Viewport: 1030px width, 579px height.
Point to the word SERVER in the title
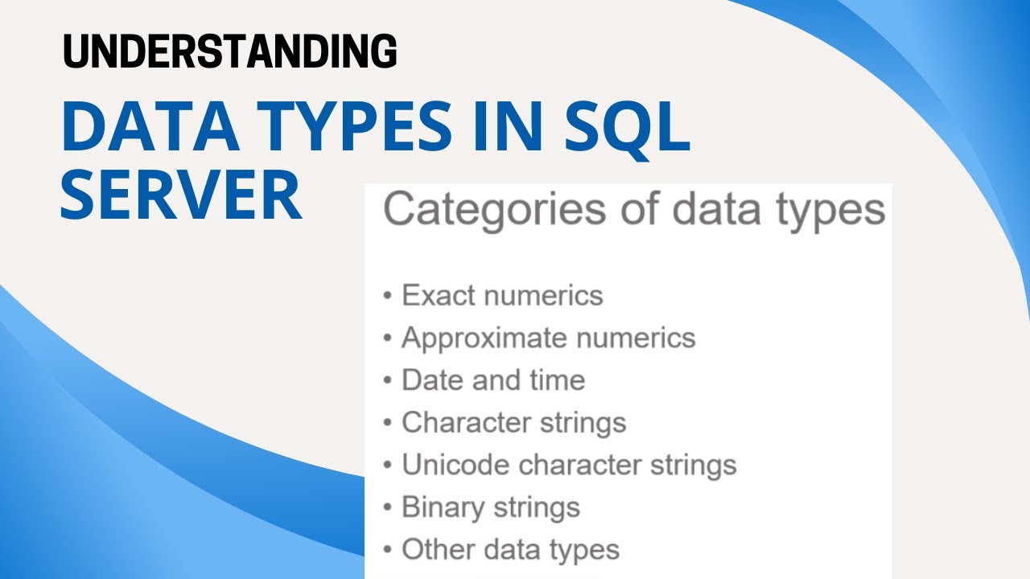coord(181,196)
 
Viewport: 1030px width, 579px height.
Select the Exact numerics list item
coord(502,295)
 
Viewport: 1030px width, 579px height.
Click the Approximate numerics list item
coord(548,338)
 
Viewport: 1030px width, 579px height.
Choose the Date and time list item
coord(492,380)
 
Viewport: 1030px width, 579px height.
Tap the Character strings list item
coord(513,422)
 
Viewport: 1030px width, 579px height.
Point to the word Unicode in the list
coord(455,465)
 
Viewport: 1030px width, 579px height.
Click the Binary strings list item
coord(490,507)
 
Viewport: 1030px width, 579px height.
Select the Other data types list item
coord(510,550)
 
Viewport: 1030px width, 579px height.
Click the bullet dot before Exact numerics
coord(388,296)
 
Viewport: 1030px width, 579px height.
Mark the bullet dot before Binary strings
coord(388,508)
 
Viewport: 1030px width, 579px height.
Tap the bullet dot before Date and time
coord(388,380)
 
